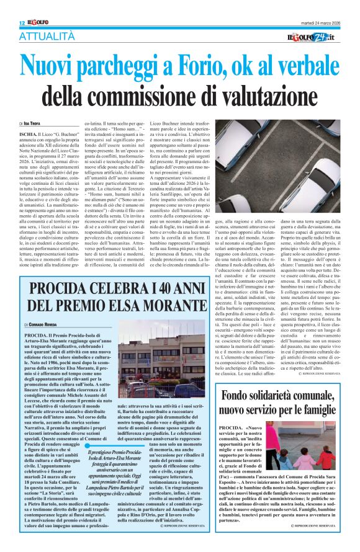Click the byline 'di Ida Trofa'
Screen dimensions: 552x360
click(34, 125)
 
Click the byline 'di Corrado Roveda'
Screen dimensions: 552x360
click(40, 324)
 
